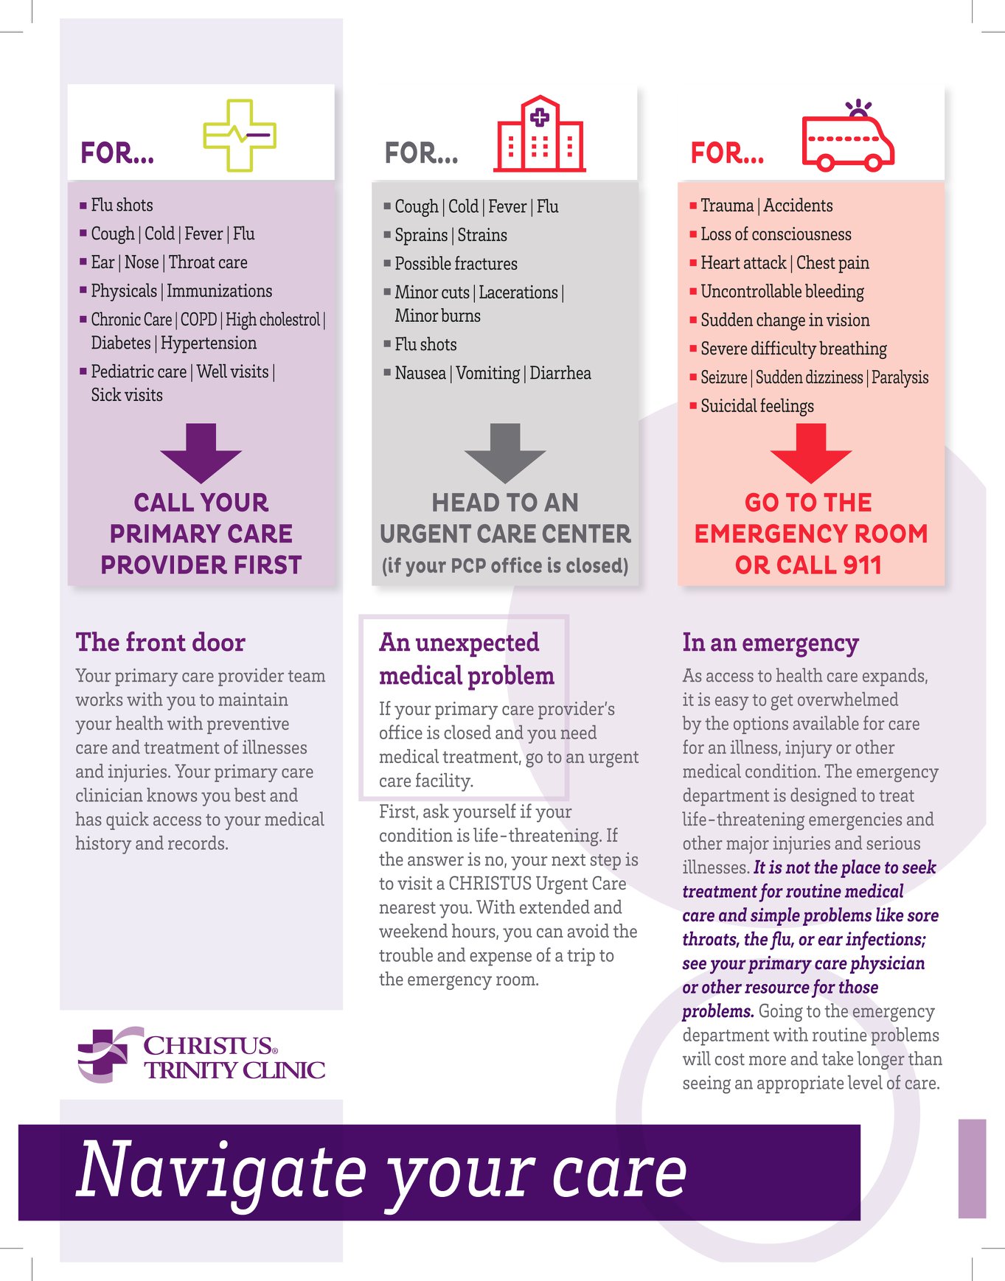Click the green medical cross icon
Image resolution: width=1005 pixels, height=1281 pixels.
(240, 136)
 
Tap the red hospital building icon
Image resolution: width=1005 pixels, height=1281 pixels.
(540, 134)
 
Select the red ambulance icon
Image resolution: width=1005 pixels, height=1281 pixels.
(848, 136)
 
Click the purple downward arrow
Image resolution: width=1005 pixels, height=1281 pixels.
(201, 453)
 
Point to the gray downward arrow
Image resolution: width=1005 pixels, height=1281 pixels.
(505, 453)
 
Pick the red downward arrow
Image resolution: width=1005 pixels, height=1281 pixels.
(810, 453)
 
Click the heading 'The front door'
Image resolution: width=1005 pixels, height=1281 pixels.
(160, 642)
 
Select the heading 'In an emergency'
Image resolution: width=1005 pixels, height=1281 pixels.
(771, 643)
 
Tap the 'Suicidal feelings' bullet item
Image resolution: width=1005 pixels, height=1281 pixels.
(751, 406)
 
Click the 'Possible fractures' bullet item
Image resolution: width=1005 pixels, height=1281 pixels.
(451, 264)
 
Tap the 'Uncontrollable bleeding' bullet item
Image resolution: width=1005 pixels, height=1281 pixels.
(776, 292)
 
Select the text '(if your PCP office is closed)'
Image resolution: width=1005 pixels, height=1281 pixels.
(505, 565)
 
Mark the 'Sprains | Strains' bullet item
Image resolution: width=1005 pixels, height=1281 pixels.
(445, 235)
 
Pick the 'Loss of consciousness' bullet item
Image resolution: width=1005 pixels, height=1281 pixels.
(770, 234)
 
